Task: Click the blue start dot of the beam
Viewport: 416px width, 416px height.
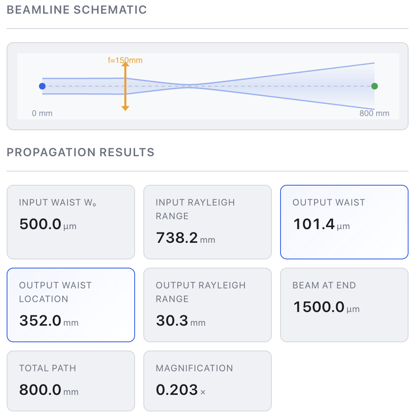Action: [42, 86]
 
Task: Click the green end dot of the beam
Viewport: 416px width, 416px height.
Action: [375, 86]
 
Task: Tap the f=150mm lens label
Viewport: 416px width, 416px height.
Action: [125, 60]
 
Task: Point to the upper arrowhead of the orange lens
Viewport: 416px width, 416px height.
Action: [125, 64]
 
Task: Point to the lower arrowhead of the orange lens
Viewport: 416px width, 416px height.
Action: [125, 108]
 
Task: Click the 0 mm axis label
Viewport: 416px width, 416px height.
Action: [42, 113]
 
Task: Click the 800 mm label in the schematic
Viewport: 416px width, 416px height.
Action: [374, 113]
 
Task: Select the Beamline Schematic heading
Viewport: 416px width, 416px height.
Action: [77, 10]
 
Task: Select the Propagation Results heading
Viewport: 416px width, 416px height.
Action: [81, 152]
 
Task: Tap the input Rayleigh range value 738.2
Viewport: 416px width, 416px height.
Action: [177, 238]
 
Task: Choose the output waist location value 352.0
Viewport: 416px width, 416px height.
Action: [40, 321]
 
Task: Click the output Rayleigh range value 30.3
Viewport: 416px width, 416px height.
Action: [172, 321]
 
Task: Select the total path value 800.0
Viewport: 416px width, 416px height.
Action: [40, 390]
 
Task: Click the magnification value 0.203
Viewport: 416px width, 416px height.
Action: [177, 390]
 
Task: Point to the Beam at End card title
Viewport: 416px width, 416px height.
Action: [324, 285]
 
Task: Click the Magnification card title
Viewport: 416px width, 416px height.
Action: [194, 368]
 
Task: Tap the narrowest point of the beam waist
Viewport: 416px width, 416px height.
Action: [189, 86]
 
